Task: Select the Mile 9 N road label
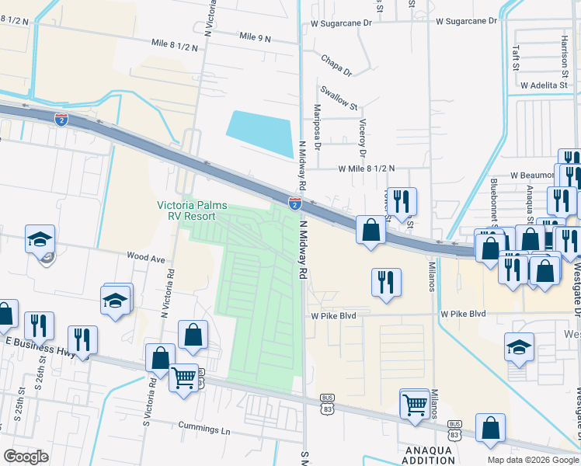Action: pos(256,37)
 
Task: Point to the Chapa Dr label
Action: pos(336,65)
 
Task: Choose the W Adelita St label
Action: pos(545,85)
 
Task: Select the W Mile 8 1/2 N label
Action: pos(366,168)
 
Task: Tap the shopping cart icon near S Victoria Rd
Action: pos(184,378)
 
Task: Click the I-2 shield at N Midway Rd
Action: pos(295,203)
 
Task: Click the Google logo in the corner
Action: pos(26,457)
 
